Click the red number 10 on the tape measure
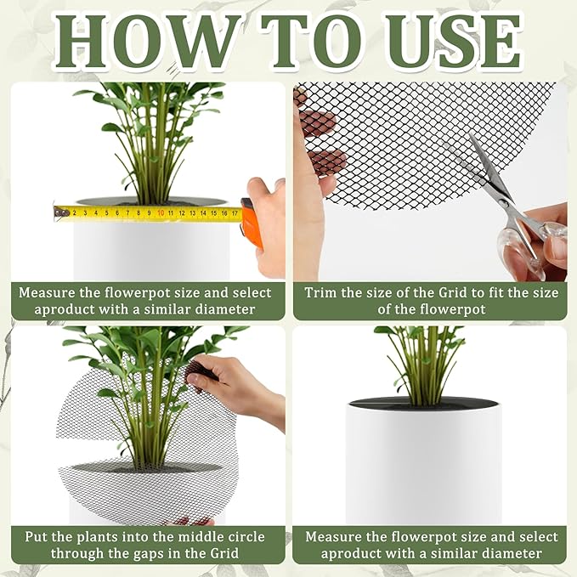[x=160, y=212]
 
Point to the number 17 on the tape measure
[x=235, y=212]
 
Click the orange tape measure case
[x=251, y=223]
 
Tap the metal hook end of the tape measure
[x=59, y=212]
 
